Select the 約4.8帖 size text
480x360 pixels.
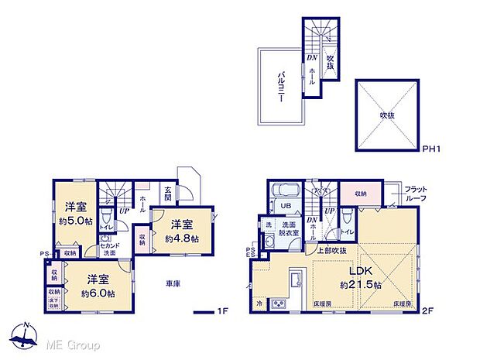[x=181, y=238]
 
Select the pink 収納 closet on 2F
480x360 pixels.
[x=362, y=194]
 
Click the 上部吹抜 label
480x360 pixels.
[x=330, y=251]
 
